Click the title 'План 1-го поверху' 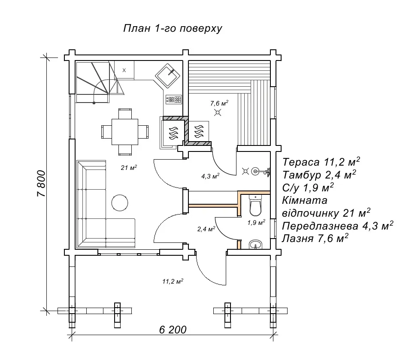173,28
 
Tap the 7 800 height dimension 41,184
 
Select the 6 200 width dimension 173,330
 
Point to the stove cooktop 174,99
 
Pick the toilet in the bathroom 255,205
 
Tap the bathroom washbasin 255,245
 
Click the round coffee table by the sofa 119,203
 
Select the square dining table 125,132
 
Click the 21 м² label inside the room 129,168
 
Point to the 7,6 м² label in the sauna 219,103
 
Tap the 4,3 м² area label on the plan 210,176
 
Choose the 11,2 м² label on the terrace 173,281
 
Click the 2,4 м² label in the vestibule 206,229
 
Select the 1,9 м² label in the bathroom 256,222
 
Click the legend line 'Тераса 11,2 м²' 321,162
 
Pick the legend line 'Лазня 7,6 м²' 315,238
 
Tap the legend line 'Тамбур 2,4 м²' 319,175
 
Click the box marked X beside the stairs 124,70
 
